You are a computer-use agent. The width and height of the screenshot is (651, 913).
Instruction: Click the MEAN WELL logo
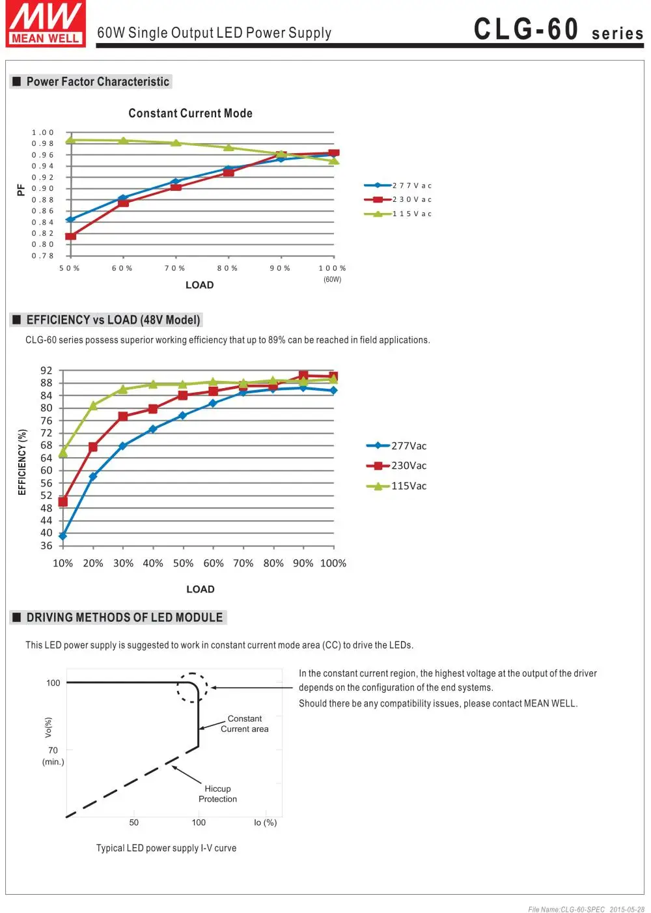pyautogui.click(x=46, y=23)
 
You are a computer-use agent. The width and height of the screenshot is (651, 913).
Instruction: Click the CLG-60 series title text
pyautogui.click(x=558, y=29)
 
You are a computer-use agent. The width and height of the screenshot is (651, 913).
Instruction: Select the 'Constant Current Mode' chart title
pyautogui.click(x=190, y=113)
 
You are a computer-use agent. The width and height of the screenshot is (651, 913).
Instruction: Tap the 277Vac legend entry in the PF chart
pyautogui.click(x=398, y=186)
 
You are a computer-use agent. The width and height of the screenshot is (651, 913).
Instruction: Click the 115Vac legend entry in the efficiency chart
pyautogui.click(x=396, y=486)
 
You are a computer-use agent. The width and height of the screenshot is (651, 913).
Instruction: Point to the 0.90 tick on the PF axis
pyautogui.click(x=43, y=188)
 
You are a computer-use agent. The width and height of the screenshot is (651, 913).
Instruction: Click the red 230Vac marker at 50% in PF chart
pyautogui.click(x=70, y=236)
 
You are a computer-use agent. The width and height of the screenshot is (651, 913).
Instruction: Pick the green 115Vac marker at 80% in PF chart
pyautogui.click(x=229, y=147)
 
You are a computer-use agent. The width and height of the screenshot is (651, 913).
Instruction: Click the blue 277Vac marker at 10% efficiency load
pyautogui.click(x=62, y=536)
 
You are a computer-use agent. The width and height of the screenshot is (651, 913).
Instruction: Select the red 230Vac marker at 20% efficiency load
pyautogui.click(x=93, y=447)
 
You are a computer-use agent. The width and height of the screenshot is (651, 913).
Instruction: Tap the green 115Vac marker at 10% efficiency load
pyautogui.click(x=62, y=453)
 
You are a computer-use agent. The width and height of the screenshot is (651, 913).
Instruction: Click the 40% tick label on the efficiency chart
pyautogui.click(x=153, y=563)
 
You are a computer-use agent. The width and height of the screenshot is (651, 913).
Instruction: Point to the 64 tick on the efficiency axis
pyautogui.click(x=46, y=458)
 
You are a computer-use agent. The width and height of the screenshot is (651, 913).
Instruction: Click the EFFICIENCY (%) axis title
pyautogui.click(x=22, y=462)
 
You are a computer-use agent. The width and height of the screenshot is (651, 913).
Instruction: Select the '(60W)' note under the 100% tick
pyautogui.click(x=332, y=279)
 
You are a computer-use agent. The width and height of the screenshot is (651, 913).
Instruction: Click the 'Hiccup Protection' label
pyautogui.click(x=217, y=794)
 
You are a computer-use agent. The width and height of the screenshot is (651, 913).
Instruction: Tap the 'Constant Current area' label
pyautogui.click(x=244, y=723)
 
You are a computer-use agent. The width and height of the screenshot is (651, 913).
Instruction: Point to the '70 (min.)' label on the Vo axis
pyautogui.click(x=53, y=755)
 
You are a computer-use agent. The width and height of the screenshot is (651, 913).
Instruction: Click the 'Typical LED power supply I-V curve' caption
pyautogui.click(x=166, y=848)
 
